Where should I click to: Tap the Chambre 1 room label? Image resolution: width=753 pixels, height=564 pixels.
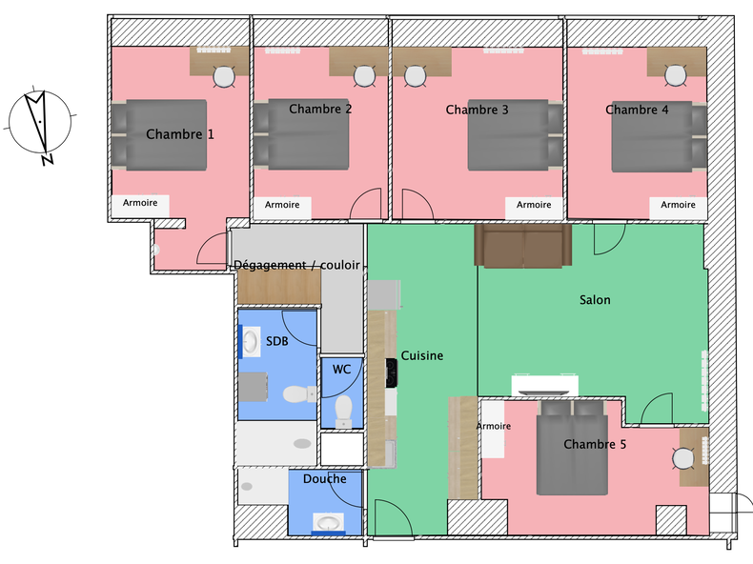tap(179, 134)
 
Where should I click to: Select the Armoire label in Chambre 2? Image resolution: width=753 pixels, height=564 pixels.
tap(282, 205)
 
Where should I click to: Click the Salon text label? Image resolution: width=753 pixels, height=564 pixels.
tap(595, 300)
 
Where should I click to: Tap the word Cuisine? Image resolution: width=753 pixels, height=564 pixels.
tap(421, 355)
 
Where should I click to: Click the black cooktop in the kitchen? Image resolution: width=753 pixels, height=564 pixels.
tap(390, 373)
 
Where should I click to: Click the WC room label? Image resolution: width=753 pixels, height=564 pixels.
tap(341, 369)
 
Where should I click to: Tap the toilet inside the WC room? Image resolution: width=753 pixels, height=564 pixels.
tap(343, 411)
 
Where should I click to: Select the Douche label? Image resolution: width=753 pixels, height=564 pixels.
tap(324, 478)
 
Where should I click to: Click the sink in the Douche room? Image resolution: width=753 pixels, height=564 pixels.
tap(331, 522)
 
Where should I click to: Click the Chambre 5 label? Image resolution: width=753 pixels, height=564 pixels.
tap(594, 444)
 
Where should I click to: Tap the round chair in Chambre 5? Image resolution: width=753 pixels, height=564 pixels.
tap(682, 458)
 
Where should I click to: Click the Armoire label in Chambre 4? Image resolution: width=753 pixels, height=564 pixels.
tap(678, 205)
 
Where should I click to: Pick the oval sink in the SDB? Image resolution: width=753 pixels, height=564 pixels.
tap(253, 343)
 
